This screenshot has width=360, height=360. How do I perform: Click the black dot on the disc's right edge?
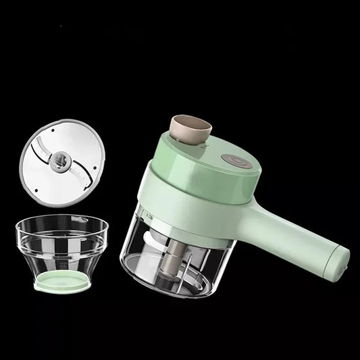pyautogui.click(x=95, y=169)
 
